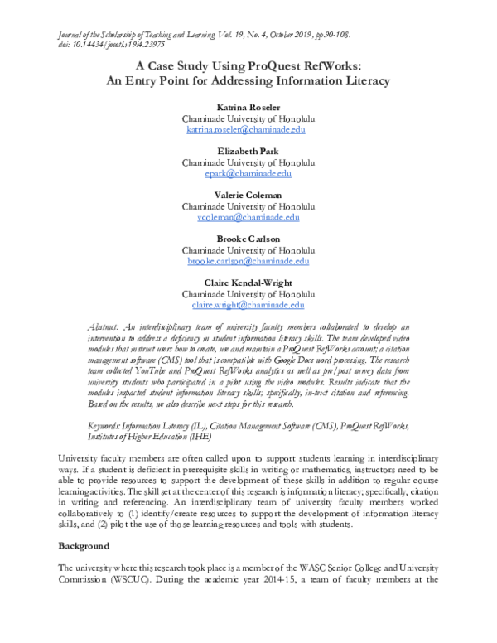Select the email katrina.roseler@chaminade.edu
pos(248,131)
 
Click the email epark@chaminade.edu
pos(248,174)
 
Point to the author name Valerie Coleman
pos(248,196)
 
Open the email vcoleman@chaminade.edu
pos(248,217)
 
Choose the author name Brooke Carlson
pos(248,239)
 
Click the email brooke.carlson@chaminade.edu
pos(248,261)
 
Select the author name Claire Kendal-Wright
pos(248,283)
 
